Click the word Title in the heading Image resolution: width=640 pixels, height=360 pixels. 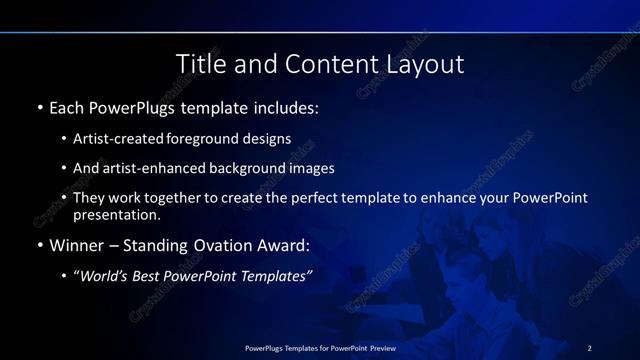[x=200, y=64]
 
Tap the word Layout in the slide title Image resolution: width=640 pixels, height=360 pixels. [x=424, y=64]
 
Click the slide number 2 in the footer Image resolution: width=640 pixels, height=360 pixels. [x=589, y=347]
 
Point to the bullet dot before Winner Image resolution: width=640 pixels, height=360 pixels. [x=39, y=245]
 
